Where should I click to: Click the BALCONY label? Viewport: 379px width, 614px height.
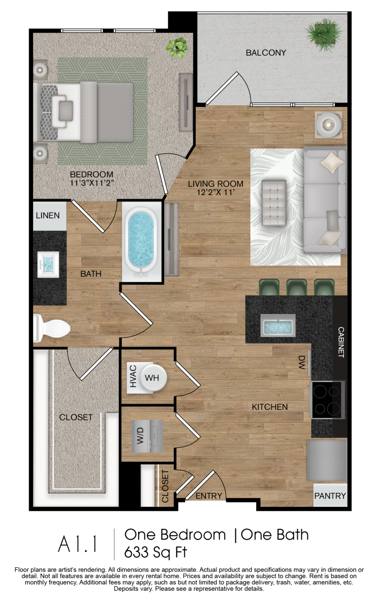click(266, 52)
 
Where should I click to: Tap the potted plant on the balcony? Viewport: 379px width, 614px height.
click(323, 34)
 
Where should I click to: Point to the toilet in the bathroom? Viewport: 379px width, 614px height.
click(52, 328)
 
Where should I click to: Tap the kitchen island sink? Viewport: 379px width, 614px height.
click(278, 325)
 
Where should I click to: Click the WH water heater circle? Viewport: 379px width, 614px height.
click(153, 378)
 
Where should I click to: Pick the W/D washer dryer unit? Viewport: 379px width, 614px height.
click(147, 436)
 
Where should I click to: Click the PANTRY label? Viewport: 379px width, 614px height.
click(330, 496)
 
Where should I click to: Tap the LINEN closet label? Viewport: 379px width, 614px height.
click(48, 216)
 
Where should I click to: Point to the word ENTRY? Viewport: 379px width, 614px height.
click(208, 496)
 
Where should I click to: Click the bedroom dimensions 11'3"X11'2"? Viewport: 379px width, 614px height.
click(91, 183)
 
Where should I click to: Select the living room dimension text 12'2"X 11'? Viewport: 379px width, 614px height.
click(215, 192)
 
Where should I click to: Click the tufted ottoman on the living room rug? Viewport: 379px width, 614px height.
click(274, 203)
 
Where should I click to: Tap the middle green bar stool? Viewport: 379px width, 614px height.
click(296, 287)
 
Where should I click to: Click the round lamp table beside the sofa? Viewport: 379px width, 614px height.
click(328, 125)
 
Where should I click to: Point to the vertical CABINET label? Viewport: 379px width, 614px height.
click(341, 342)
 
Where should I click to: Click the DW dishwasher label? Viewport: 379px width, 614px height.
click(301, 362)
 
